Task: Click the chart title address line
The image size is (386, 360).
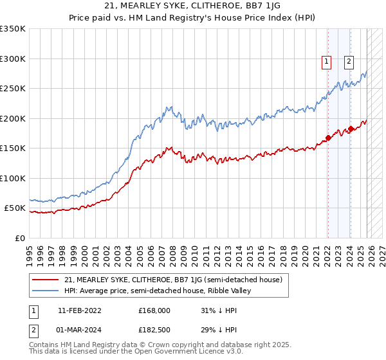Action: [192, 6]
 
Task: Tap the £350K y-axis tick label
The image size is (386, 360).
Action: [13, 29]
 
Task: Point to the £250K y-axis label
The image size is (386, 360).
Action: [13, 89]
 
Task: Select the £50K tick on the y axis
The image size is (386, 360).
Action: [14, 208]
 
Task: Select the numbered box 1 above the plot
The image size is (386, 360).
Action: [327, 62]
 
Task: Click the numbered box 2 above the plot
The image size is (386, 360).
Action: [349, 62]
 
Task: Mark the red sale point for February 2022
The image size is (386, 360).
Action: [328, 137]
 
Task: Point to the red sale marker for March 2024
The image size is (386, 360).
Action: [350, 129]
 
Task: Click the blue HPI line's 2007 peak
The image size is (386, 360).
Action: [169, 107]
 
